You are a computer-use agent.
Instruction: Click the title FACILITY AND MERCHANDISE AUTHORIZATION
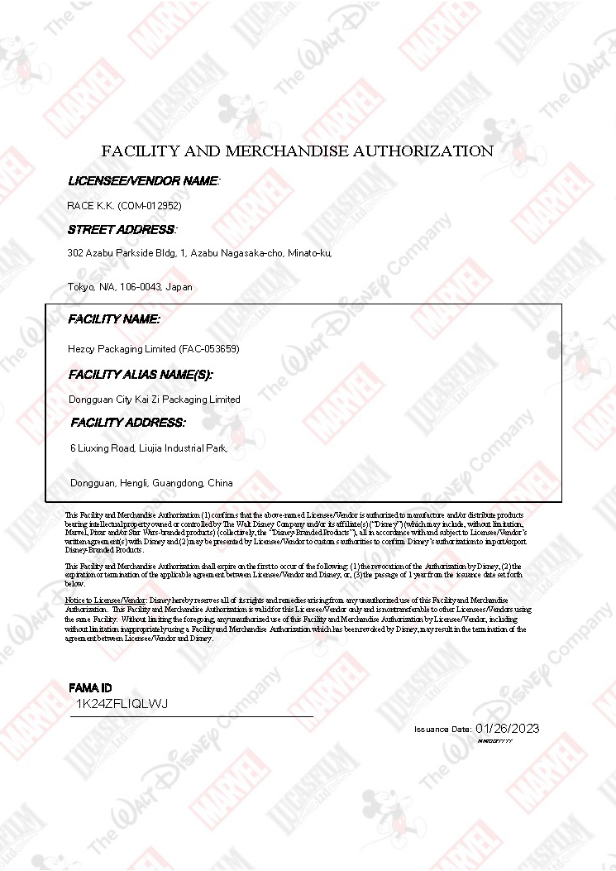[x=297, y=151]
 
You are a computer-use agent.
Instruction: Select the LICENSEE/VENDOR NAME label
[x=144, y=180]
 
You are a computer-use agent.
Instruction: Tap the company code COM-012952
[x=150, y=205]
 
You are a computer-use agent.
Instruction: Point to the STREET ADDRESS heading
[x=122, y=229]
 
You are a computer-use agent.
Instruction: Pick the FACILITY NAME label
[x=114, y=319]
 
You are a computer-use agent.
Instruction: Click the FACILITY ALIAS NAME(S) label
[x=141, y=375]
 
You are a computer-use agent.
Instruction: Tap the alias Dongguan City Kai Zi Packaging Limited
[x=155, y=400]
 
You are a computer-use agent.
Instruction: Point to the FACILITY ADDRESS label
[x=128, y=423]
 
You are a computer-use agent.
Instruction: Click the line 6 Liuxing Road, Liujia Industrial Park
[x=149, y=448]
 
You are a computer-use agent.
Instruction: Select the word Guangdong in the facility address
[x=179, y=483]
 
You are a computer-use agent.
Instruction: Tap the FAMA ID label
[x=90, y=688]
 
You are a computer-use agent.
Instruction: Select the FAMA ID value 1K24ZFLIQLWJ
[x=122, y=704]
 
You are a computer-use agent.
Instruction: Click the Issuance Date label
[x=442, y=730]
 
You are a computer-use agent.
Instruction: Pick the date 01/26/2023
[x=508, y=728]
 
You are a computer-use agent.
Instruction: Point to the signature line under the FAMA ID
[x=192, y=716]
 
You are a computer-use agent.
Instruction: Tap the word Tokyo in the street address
[x=79, y=287]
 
